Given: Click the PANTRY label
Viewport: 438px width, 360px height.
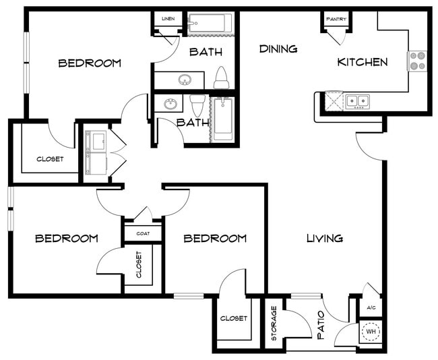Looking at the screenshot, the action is tap(336, 20).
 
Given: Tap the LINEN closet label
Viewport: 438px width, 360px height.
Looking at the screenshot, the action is tap(168, 19).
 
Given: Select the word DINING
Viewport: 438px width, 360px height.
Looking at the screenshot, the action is tap(278, 49).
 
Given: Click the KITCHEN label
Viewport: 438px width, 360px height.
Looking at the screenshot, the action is tap(363, 62).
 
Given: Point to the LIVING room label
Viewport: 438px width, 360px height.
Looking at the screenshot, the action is tap(325, 238).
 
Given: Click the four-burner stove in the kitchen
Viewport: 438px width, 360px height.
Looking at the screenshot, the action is tap(417, 61).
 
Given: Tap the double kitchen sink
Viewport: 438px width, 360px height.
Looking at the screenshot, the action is tap(358, 101).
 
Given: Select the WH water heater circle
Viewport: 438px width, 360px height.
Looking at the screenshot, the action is tap(371, 332).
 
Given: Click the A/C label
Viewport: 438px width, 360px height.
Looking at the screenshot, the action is tap(371, 307).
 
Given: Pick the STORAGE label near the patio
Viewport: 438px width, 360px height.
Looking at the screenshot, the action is tap(274, 323).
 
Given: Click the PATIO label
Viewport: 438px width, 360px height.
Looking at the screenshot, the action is tap(321, 325).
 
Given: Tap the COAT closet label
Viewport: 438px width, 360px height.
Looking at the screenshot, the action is tap(143, 233).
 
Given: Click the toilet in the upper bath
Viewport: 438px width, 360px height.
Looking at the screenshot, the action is tap(222, 78).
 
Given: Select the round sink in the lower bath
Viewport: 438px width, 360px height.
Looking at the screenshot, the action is tap(170, 104).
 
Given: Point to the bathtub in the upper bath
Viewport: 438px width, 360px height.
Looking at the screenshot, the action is tap(210, 23).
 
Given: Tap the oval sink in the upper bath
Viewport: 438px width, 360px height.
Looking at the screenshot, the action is tap(185, 80).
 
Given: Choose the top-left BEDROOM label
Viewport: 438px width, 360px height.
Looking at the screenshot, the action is tap(90, 63).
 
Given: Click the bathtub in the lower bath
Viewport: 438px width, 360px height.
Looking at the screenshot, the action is tap(222, 119).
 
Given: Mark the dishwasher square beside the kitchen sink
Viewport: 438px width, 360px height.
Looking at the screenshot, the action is tap(334, 100).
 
